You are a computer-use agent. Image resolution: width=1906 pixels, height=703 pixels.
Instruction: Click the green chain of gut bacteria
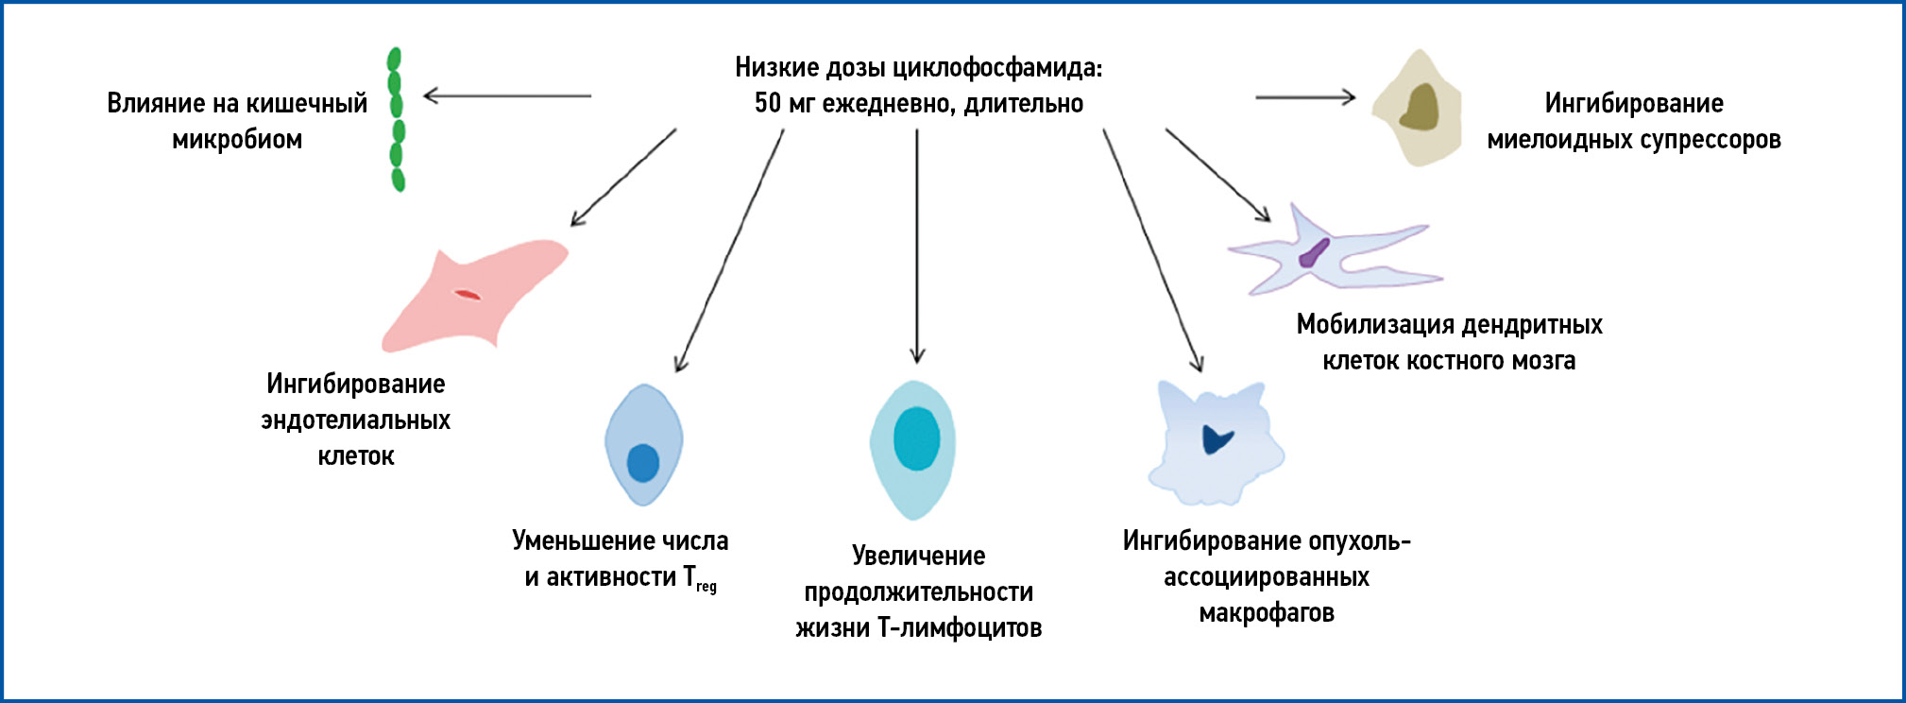[x=397, y=119]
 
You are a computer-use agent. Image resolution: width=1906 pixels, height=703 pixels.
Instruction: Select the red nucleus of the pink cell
[x=468, y=295]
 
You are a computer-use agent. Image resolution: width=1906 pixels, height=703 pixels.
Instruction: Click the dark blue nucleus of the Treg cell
[x=643, y=463]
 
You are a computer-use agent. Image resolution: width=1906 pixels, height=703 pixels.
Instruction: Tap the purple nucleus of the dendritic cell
[x=1313, y=253]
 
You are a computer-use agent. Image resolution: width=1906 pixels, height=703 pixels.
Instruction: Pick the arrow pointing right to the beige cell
[x=1304, y=96]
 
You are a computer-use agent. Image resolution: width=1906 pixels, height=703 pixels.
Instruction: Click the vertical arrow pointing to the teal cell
[x=916, y=246]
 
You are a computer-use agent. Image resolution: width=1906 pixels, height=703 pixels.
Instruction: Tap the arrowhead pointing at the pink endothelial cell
[x=578, y=219]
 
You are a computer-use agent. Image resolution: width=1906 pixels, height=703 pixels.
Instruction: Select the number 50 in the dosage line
[x=768, y=103]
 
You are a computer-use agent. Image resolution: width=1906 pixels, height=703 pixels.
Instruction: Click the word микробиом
[x=237, y=140]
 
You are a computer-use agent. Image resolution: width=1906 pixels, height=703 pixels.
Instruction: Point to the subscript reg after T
[x=706, y=587]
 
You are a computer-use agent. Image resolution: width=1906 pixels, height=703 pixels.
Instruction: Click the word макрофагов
[x=1267, y=613]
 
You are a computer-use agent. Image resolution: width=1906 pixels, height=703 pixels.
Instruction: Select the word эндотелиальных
[x=356, y=420]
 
